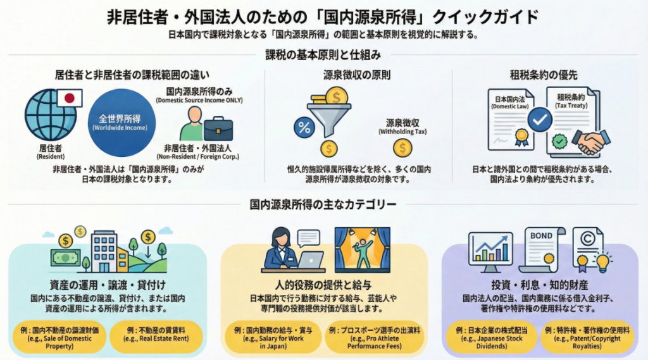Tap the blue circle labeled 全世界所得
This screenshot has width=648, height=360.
[x=120, y=123]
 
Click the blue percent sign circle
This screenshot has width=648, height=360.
[x=304, y=128]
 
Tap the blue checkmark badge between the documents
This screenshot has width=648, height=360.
[x=540, y=119]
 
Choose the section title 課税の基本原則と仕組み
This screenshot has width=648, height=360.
[x=323, y=54]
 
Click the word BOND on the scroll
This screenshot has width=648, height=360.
[x=540, y=236]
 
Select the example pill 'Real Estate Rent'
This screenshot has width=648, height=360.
[x=156, y=335]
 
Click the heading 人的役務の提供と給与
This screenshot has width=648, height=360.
[x=324, y=285]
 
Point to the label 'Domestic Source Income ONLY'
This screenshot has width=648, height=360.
[x=199, y=101]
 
